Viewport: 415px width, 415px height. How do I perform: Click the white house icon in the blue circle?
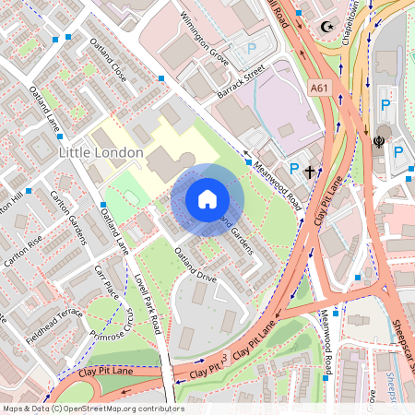click(207, 198)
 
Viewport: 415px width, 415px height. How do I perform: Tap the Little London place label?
click(101, 151)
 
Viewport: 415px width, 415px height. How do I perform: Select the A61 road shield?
click(319, 88)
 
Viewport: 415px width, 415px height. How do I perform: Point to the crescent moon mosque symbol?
click(324, 27)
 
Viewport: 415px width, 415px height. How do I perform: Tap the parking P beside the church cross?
click(293, 169)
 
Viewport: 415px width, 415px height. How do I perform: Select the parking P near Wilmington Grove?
click(252, 48)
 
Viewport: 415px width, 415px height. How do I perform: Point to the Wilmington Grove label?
click(203, 37)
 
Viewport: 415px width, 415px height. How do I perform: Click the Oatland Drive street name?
click(195, 262)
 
